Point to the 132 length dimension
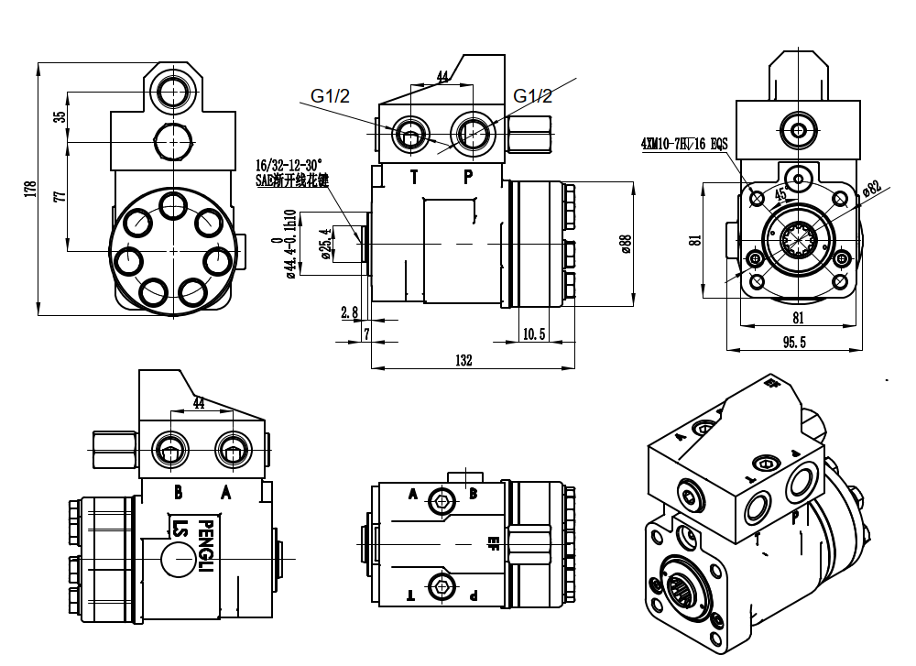[x=463, y=360]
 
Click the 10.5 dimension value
[x=533, y=334]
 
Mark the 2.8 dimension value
[x=349, y=312]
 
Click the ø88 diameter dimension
[x=626, y=244]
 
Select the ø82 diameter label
[x=871, y=189]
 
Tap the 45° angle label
[x=780, y=194]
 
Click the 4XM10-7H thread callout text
[x=683, y=144]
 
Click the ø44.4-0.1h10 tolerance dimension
[x=290, y=244]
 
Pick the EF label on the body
[x=494, y=540]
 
